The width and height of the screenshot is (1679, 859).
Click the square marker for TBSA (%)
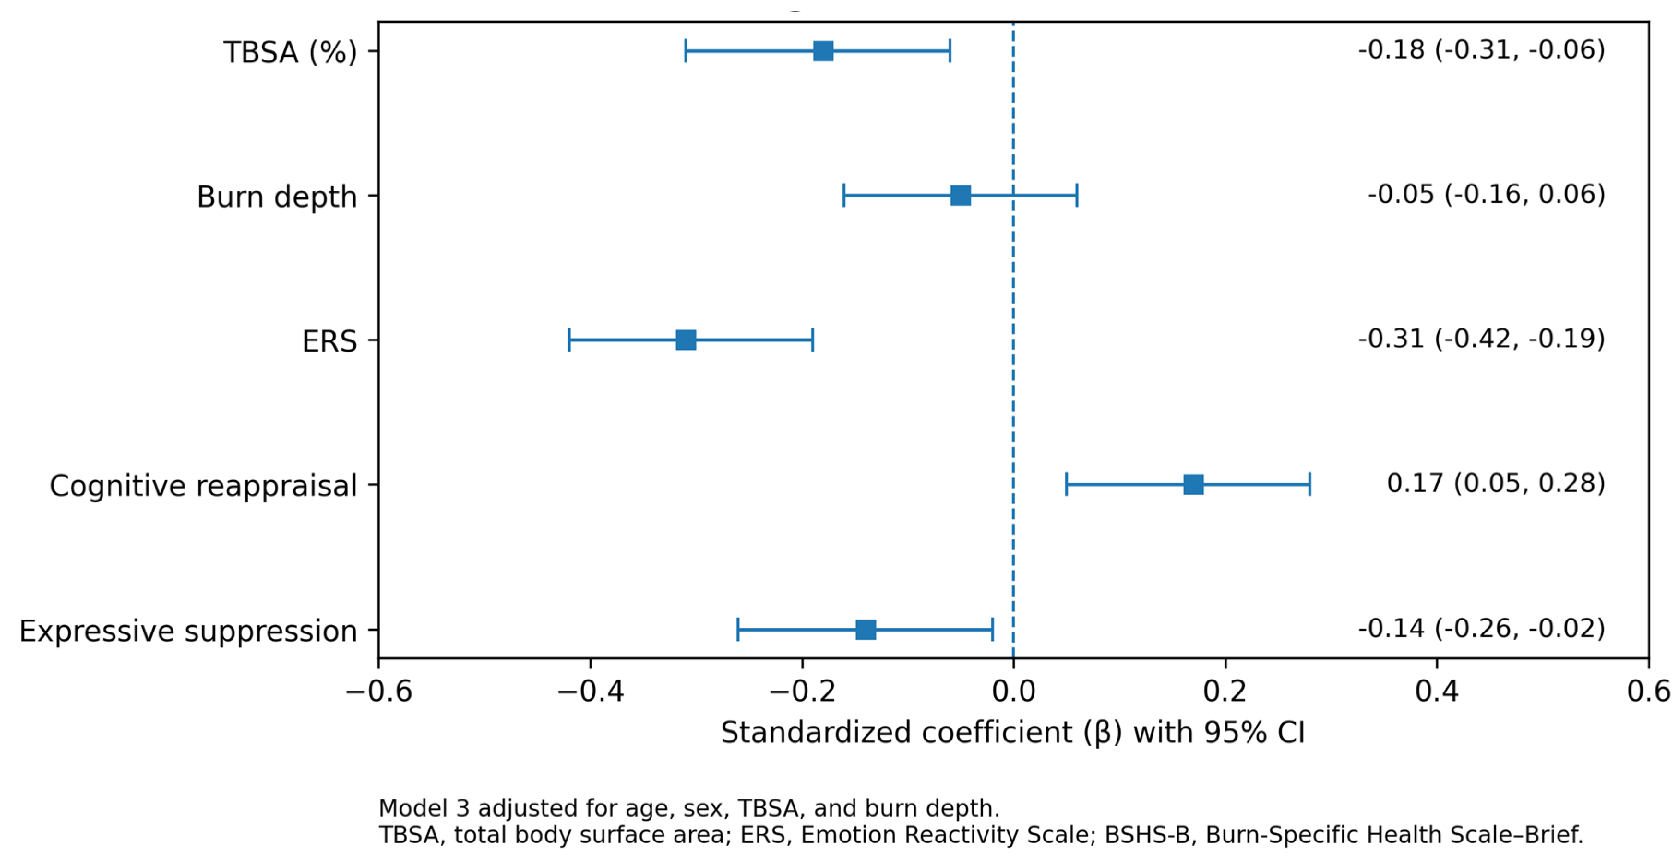(823, 51)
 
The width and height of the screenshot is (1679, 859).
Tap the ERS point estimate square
(686, 340)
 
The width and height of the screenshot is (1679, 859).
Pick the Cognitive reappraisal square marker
(1194, 485)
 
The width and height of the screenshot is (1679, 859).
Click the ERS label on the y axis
(330, 341)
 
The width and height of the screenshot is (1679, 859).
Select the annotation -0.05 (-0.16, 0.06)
(1487, 194)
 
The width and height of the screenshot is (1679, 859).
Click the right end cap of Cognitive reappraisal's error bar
(1309, 485)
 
